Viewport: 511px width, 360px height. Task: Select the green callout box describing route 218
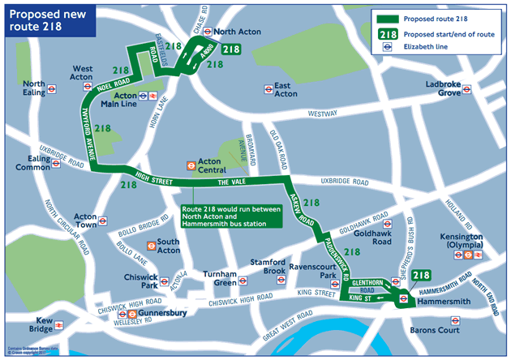(x=231, y=218)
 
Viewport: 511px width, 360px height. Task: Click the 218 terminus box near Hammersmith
(x=420, y=276)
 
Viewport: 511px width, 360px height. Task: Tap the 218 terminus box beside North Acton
(x=230, y=49)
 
